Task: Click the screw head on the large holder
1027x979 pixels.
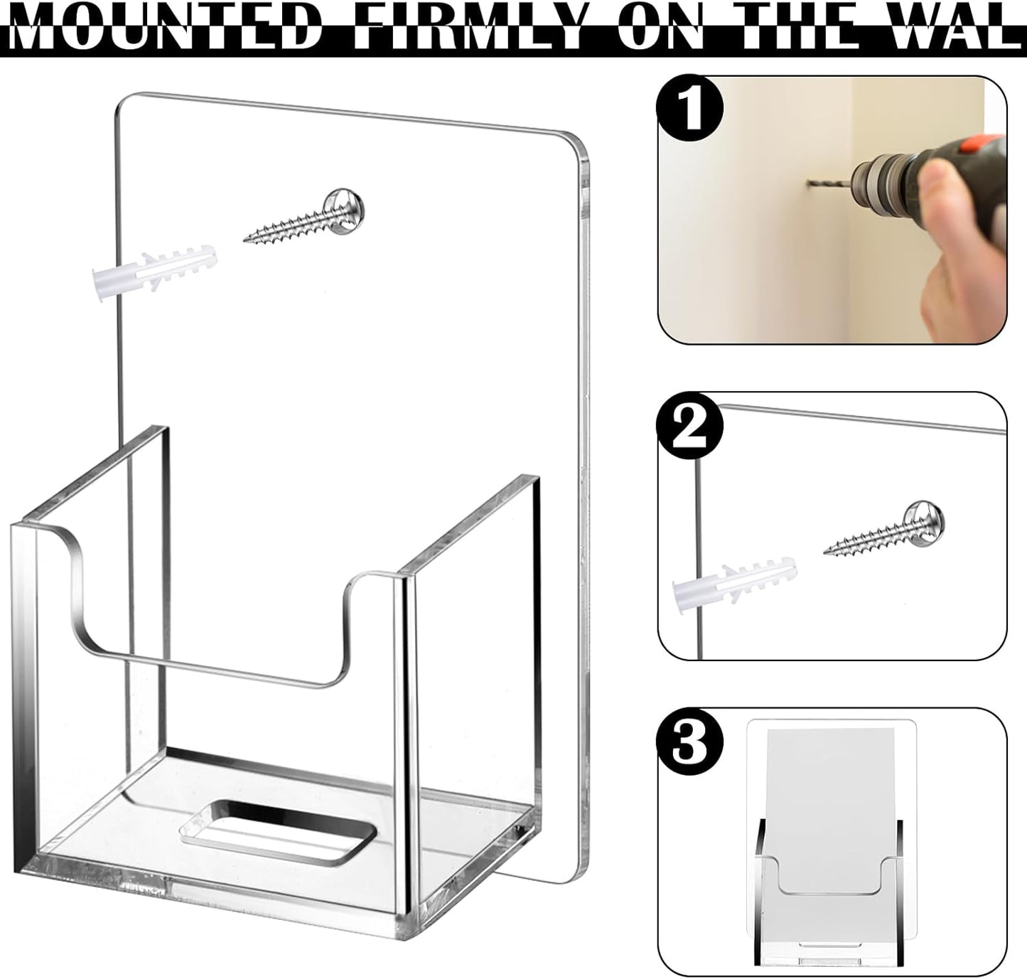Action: point(344,206)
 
